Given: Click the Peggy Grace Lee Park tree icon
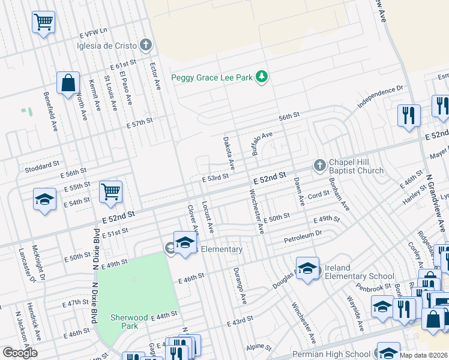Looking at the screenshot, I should (x=262, y=77).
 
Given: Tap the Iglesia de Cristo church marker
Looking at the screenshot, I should (x=145, y=44).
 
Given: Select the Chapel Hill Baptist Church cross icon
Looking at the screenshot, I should (x=320, y=165).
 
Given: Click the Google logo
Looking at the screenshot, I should (x=20, y=353).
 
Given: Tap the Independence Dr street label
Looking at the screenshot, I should (x=380, y=97).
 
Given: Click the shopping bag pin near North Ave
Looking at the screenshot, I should (x=68, y=83).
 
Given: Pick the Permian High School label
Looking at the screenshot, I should (x=331, y=355).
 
